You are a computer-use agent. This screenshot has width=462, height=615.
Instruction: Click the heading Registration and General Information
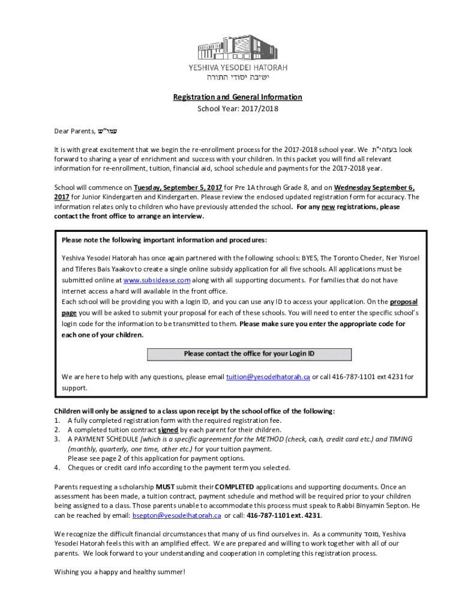(x=238, y=97)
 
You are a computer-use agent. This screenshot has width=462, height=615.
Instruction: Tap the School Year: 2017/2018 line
(x=238, y=109)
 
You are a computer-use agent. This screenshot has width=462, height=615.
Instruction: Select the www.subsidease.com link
(x=157, y=280)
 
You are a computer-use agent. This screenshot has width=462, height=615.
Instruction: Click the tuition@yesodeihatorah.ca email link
(x=268, y=377)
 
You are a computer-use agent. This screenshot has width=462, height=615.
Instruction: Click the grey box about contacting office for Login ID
(x=248, y=354)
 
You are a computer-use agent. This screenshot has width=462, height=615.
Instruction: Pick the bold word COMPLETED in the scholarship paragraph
(x=235, y=486)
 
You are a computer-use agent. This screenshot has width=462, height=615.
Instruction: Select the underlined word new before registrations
(x=328, y=207)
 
